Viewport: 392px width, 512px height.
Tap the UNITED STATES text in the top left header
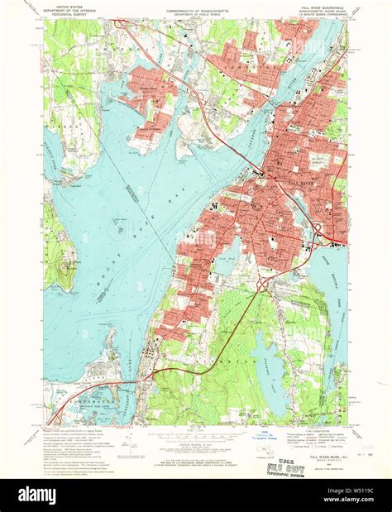coord(65,5)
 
